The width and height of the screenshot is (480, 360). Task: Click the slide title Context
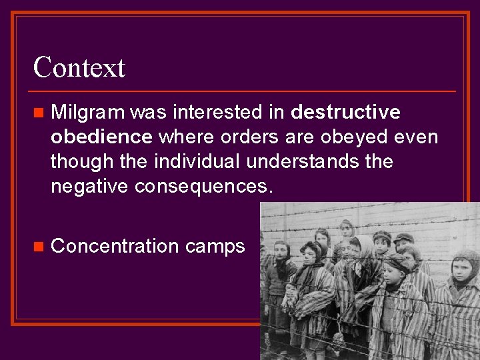click(x=79, y=67)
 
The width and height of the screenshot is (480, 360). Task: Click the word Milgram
click(x=87, y=112)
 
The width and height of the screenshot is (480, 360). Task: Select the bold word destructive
click(x=346, y=112)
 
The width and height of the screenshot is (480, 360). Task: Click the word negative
click(x=90, y=187)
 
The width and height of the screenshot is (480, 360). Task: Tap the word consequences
click(x=203, y=187)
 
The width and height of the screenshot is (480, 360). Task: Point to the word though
click(x=78, y=162)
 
